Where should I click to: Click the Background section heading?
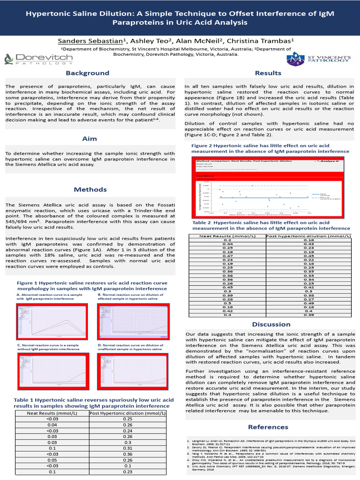pos(87,73)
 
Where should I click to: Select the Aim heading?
pos(90,139)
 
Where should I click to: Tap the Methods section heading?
pos(90,189)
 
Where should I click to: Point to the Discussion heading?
pos(271,324)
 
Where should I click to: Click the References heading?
pos(268,427)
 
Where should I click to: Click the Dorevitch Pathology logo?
pos(38,59)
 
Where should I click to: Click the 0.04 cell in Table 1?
pos(52,425)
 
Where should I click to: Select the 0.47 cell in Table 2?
pos(227,256)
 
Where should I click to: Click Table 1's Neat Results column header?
pos(52,413)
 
